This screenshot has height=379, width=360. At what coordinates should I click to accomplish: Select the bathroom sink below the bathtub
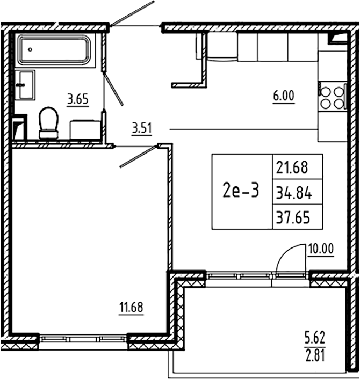tap(25, 85)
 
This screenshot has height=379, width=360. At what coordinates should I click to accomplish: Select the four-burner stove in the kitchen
tap(332, 97)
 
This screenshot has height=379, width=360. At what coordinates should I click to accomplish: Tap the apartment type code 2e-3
tap(240, 191)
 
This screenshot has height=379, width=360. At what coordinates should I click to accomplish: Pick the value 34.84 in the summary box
tap(293, 191)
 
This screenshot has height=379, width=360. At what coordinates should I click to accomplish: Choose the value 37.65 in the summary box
tap(293, 216)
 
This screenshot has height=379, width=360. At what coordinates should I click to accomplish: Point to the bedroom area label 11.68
tap(131, 308)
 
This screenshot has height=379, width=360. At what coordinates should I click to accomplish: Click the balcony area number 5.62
tap(315, 339)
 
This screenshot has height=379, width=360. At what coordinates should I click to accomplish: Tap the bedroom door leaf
tap(138, 156)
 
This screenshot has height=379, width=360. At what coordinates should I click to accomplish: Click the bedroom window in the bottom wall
tap(83, 338)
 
